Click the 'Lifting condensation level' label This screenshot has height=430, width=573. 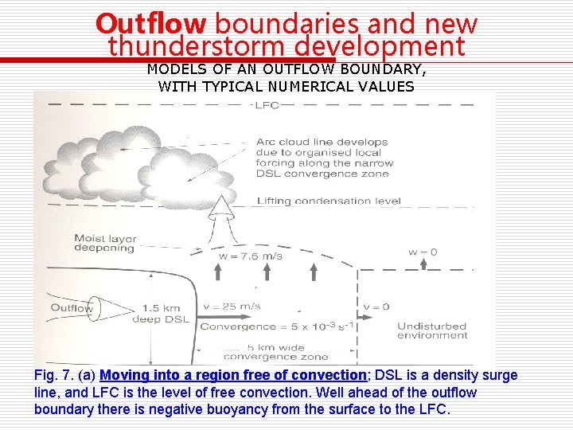[x=329, y=201]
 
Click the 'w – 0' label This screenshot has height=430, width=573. [x=423, y=252]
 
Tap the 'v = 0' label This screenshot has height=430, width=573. [x=376, y=307]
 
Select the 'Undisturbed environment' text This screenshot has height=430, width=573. [x=432, y=330]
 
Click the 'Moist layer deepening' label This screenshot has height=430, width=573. [x=104, y=243]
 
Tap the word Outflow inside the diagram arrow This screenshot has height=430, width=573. [x=72, y=308]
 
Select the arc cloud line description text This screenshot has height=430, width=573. [x=322, y=158]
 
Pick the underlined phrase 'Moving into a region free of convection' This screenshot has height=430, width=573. [x=233, y=375]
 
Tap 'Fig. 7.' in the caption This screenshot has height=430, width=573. [x=53, y=375]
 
